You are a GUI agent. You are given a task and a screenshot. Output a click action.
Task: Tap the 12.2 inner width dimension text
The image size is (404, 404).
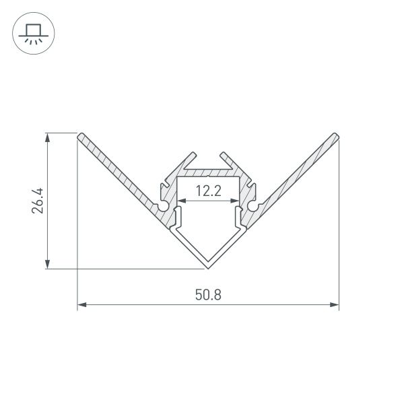click(208, 191)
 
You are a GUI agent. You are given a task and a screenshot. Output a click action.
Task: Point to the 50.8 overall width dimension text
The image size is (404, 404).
click(208, 294)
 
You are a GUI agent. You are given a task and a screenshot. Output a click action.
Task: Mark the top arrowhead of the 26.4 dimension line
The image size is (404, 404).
click(48, 137)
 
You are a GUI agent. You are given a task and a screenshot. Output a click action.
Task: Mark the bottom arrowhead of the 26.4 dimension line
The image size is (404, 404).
click(48, 265)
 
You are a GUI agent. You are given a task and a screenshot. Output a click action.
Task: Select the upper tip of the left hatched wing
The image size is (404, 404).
click(81, 136)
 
